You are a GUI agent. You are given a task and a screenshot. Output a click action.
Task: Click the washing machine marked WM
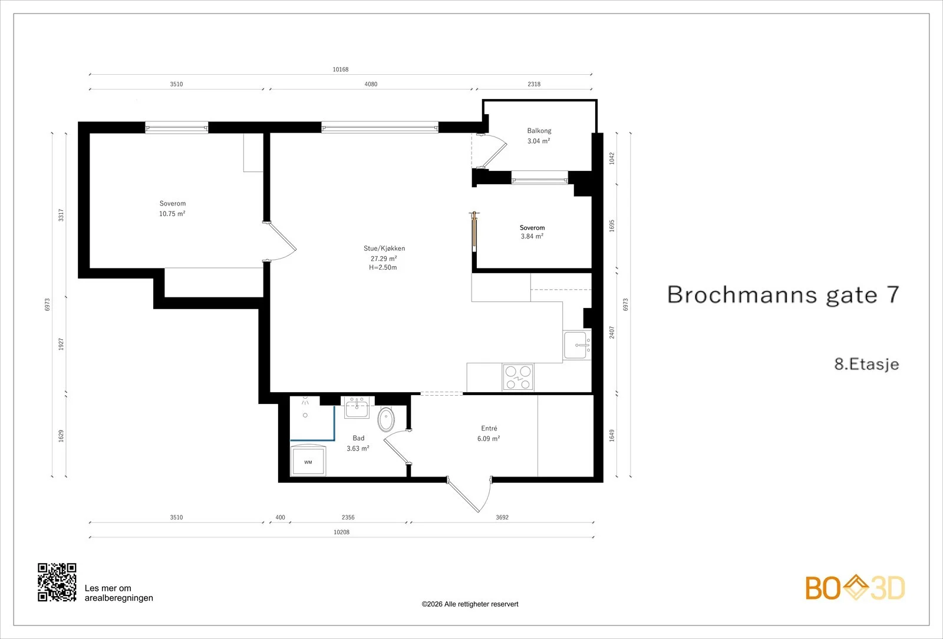pos(308,461)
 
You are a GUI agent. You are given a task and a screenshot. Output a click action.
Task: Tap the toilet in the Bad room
pos(386,419)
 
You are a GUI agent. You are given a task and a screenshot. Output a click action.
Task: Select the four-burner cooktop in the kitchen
pos(518,378)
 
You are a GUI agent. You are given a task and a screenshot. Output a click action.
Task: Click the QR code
pos(57,582)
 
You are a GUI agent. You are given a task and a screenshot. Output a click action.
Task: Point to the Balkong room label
pos(539,131)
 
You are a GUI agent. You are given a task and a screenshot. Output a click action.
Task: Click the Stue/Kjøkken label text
pos(384,249)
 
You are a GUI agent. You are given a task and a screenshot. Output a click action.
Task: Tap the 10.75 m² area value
pos(172,214)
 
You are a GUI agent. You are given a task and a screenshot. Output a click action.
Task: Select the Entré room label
pos(489,428)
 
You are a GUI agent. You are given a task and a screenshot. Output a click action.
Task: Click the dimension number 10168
pos(341,69)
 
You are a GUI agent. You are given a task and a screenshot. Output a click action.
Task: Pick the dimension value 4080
pos(371,84)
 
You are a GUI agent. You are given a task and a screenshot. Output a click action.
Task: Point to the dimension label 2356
pos(348,518)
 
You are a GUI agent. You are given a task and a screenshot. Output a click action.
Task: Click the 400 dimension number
pos(280,518)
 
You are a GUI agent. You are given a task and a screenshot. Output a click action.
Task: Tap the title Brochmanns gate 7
pos(783,294)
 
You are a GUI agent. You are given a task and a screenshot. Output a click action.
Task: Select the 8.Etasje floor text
pos(867,365)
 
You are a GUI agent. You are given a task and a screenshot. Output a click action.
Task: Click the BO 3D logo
pos(855,587)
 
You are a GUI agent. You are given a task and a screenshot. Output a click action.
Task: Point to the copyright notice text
pos(470,604)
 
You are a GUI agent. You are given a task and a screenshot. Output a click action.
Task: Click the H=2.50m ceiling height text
pos(383,267)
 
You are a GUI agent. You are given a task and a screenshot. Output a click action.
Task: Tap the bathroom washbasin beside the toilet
pos(357,408)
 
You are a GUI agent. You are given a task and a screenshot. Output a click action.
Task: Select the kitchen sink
pos(577,345)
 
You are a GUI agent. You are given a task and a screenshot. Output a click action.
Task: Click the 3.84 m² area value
pos(532,236)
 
